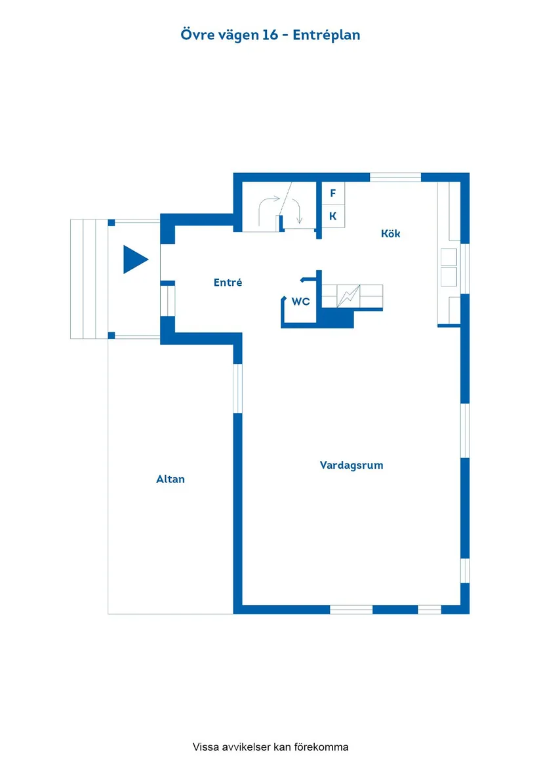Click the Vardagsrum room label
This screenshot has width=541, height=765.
click(351, 465)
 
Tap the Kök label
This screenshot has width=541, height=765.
click(391, 233)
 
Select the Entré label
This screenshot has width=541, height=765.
click(228, 283)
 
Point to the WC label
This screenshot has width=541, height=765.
click(300, 302)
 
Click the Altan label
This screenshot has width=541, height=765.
click(170, 479)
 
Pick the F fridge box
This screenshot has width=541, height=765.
click(333, 193)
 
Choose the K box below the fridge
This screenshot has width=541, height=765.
click(333, 216)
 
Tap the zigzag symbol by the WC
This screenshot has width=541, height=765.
click(348, 296)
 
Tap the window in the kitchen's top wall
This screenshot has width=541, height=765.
click(395, 177)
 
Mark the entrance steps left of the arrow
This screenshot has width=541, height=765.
click(89, 279)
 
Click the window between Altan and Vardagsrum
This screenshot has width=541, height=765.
click(238, 387)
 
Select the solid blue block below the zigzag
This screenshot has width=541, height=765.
click(337, 319)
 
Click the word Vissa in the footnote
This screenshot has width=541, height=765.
click(205, 747)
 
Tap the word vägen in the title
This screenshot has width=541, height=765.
click(232, 35)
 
